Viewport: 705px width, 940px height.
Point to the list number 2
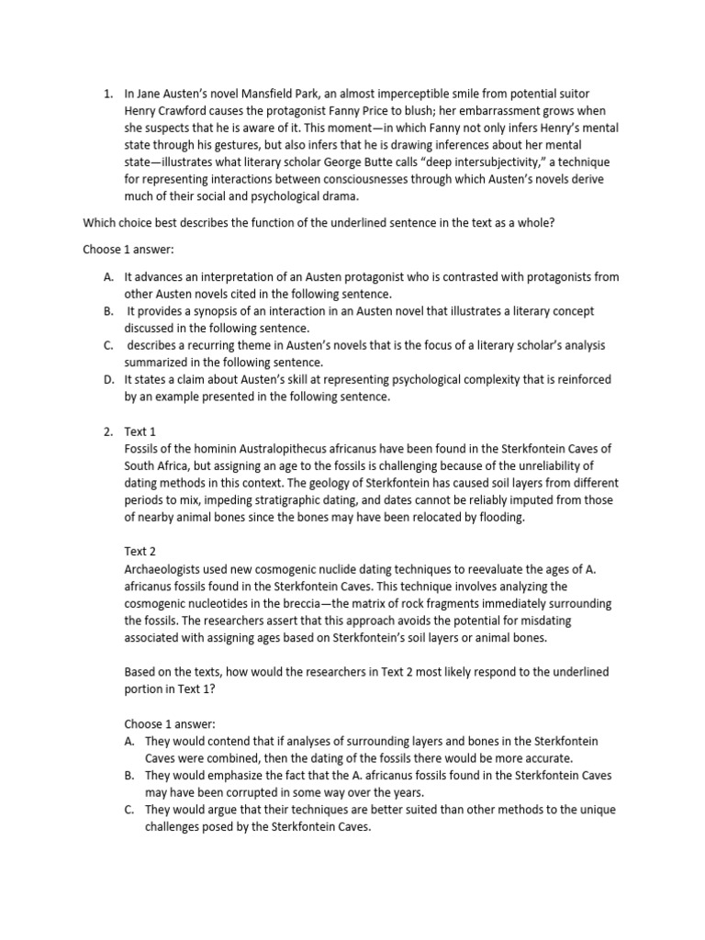pyautogui.click(x=108, y=431)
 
